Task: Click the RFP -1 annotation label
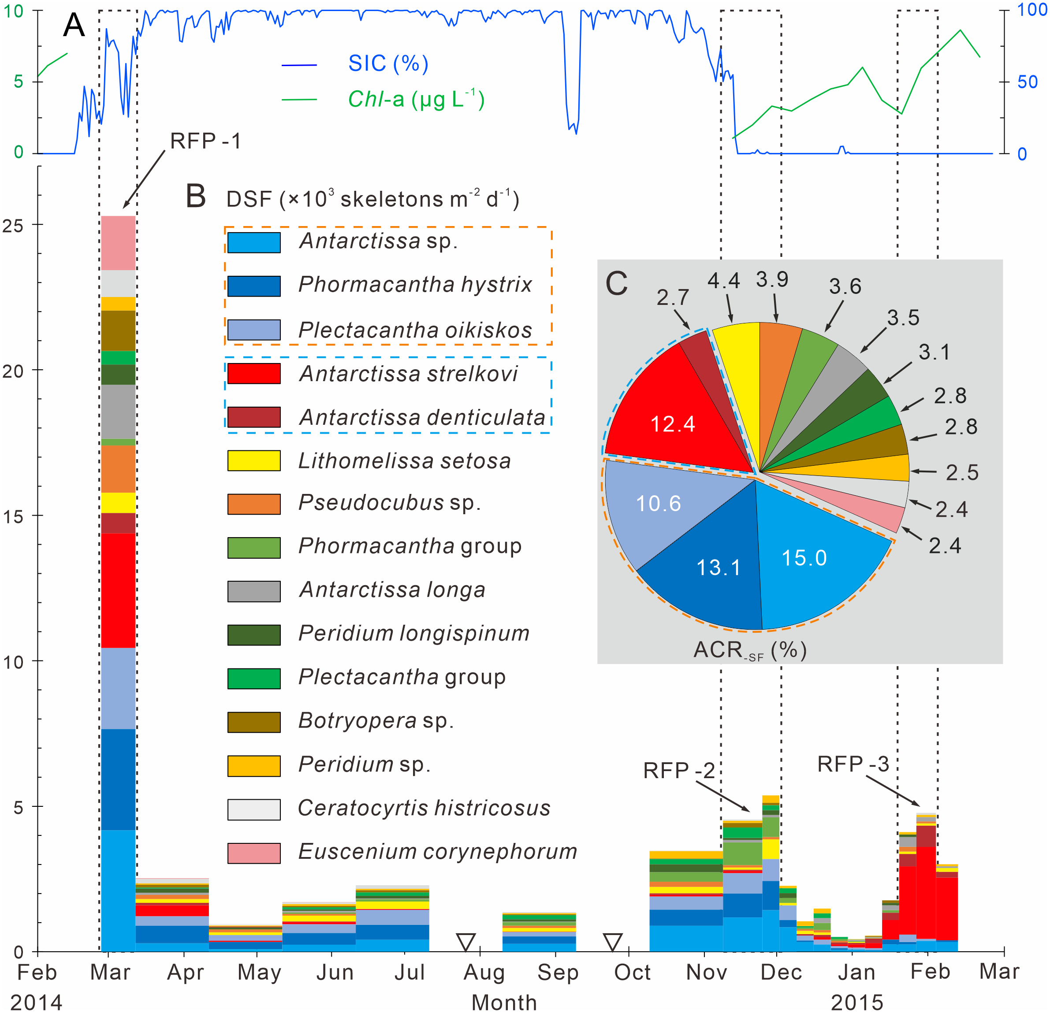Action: (x=206, y=141)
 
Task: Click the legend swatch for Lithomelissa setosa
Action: (x=253, y=460)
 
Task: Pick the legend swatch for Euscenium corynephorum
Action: (x=253, y=853)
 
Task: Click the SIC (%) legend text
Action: (x=388, y=63)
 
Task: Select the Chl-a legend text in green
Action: (x=416, y=99)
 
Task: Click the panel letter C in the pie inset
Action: (x=616, y=283)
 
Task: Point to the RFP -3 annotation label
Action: (x=853, y=764)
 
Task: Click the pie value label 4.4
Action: (x=724, y=280)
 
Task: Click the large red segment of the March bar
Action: (x=118, y=590)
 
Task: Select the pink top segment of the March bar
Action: (x=118, y=243)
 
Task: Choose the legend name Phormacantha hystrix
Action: (x=415, y=284)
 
